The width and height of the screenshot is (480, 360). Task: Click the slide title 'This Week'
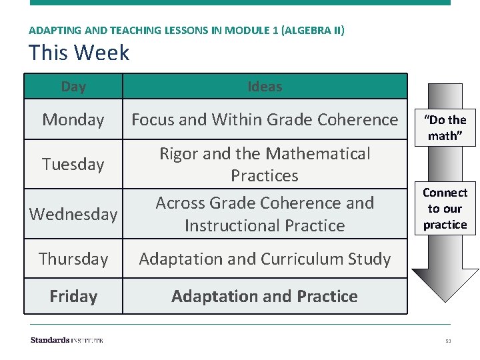79,52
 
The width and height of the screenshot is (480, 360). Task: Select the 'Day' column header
73,87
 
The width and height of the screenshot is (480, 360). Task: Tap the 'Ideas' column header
265,87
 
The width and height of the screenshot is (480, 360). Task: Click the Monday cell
73,120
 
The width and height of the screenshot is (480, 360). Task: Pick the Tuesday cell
73,164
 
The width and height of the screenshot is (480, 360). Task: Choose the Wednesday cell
73,214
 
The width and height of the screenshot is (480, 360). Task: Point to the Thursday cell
73,259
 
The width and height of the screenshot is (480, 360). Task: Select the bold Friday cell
73,296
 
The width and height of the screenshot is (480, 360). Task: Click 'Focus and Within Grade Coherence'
265,120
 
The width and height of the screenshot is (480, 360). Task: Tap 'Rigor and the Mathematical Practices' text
265,164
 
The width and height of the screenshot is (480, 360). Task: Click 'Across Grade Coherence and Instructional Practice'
265,214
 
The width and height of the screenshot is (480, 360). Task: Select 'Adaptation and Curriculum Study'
265,259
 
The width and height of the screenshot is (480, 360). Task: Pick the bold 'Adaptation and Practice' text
265,296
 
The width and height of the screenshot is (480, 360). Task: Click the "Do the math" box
445,127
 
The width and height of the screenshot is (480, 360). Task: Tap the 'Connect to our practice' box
445,209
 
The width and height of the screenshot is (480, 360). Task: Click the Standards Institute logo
67,340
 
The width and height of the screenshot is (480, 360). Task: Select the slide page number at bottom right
448,341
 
